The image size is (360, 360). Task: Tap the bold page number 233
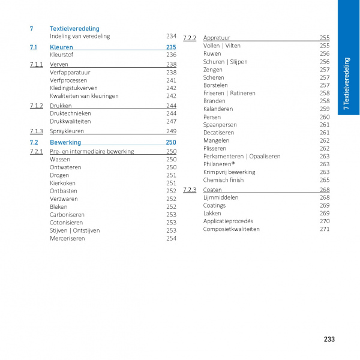click(x=329, y=340)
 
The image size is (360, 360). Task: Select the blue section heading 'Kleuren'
click(x=61, y=47)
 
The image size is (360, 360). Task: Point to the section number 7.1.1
click(x=36, y=64)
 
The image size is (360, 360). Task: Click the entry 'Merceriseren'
click(x=67, y=238)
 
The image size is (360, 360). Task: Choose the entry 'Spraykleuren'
click(x=67, y=131)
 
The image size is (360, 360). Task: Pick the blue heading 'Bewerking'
click(x=65, y=143)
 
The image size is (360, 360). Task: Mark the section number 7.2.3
click(x=190, y=190)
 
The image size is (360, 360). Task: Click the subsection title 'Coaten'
click(x=212, y=190)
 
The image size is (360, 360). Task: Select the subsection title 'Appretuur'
click(x=217, y=38)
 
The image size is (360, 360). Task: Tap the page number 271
click(x=325, y=229)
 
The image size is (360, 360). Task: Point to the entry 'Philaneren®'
click(x=219, y=164)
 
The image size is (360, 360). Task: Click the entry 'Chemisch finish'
click(x=223, y=180)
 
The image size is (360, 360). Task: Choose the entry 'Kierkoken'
click(x=62, y=183)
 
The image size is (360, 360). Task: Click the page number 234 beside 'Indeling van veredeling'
click(x=171, y=37)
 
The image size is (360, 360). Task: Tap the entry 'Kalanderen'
click(x=218, y=109)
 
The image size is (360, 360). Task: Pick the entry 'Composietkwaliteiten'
click(x=231, y=229)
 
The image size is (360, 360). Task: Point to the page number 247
click(x=171, y=121)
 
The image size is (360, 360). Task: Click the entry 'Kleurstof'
click(x=62, y=55)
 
